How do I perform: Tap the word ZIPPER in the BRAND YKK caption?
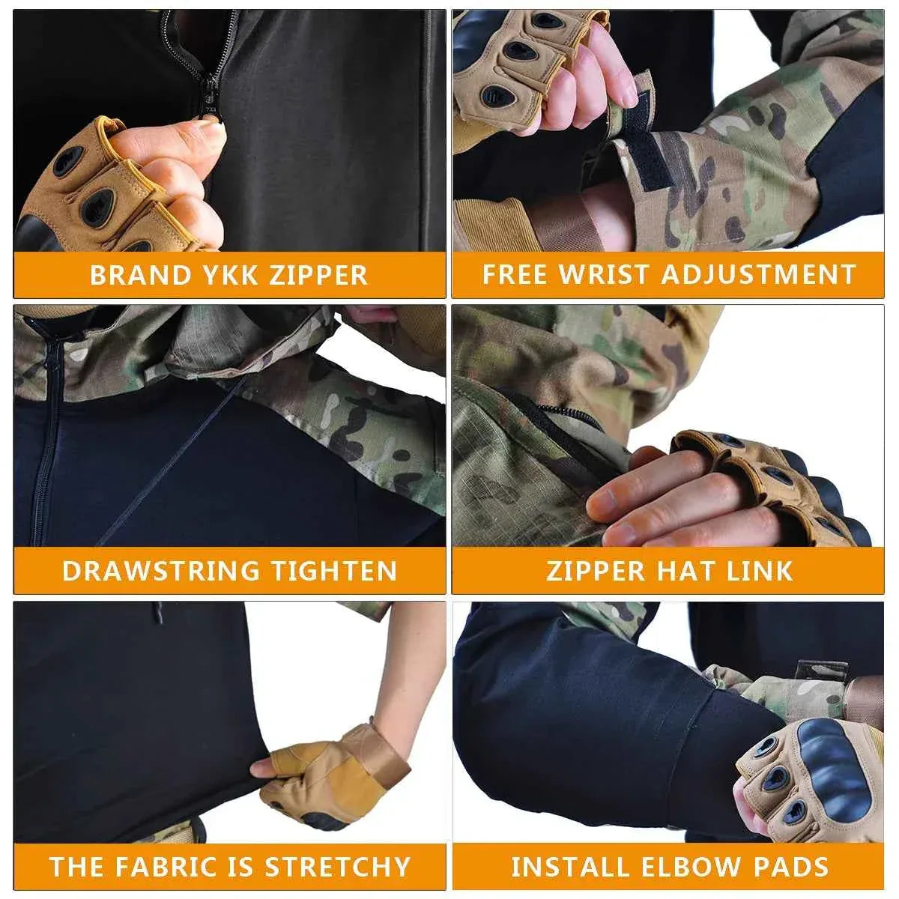[x=318, y=275]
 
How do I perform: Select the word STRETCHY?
[x=337, y=867]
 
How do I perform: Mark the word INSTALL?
[x=569, y=867]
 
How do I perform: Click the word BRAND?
[x=130, y=275]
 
